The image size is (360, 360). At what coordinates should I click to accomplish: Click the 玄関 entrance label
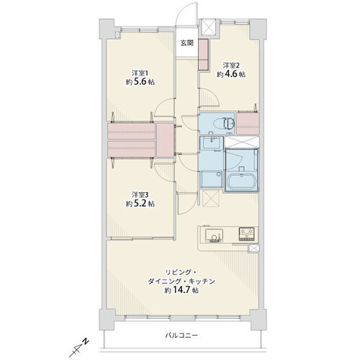click(x=187, y=43)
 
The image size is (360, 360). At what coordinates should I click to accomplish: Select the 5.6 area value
click(x=140, y=82)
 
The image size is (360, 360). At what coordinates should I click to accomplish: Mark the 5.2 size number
click(x=140, y=204)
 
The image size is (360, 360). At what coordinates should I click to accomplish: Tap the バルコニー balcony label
click(x=181, y=336)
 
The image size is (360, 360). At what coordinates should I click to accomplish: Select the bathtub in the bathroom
click(x=241, y=181)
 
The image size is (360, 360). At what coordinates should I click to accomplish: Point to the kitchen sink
click(x=214, y=235)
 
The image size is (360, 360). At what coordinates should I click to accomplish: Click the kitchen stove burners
click(x=246, y=233)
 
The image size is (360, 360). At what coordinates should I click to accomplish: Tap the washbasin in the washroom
click(x=211, y=143)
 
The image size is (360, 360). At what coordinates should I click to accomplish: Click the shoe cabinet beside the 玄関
click(x=204, y=54)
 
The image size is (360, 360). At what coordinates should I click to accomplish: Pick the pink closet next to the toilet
click(x=248, y=123)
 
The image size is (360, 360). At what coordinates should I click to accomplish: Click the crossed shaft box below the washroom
click(x=211, y=198)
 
